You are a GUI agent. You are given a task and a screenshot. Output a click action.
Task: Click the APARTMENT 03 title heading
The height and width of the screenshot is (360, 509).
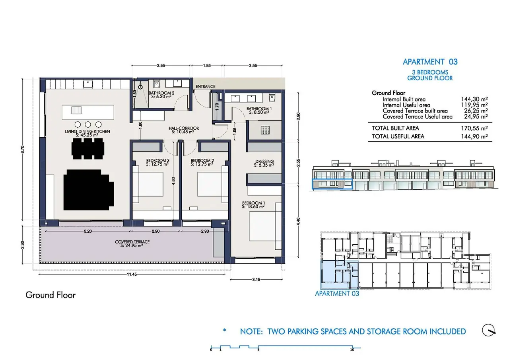(x=430, y=62)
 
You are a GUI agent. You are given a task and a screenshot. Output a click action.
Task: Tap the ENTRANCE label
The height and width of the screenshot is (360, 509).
(x=206, y=87)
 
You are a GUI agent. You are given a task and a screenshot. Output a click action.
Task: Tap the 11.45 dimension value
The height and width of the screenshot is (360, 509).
(x=132, y=274)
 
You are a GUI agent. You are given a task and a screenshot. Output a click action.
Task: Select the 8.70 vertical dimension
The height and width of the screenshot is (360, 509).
(x=22, y=149)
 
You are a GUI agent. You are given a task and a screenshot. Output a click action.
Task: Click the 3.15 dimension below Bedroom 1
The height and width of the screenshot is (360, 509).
(x=256, y=280)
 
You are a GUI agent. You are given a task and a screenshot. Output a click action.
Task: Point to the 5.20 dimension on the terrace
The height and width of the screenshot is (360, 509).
(x=88, y=232)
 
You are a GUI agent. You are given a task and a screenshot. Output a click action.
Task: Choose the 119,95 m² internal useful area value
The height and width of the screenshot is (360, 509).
(x=474, y=105)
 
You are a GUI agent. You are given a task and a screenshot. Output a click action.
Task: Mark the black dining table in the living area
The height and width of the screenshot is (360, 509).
(x=88, y=149)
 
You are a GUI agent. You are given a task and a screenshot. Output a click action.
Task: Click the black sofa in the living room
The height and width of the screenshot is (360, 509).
(x=88, y=190)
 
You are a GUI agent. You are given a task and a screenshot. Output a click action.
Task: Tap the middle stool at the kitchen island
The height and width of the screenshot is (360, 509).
(x=88, y=125)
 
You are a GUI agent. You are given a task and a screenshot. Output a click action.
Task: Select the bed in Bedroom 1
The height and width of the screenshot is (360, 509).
(x=262, y=226)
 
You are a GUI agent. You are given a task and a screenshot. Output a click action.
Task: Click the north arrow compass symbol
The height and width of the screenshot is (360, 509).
(x=489, y=330)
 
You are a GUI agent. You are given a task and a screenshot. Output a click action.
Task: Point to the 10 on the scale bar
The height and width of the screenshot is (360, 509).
(x=352, y=350)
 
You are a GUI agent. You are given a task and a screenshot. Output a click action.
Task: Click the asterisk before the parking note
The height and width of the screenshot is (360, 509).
(x=225, y=330)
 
